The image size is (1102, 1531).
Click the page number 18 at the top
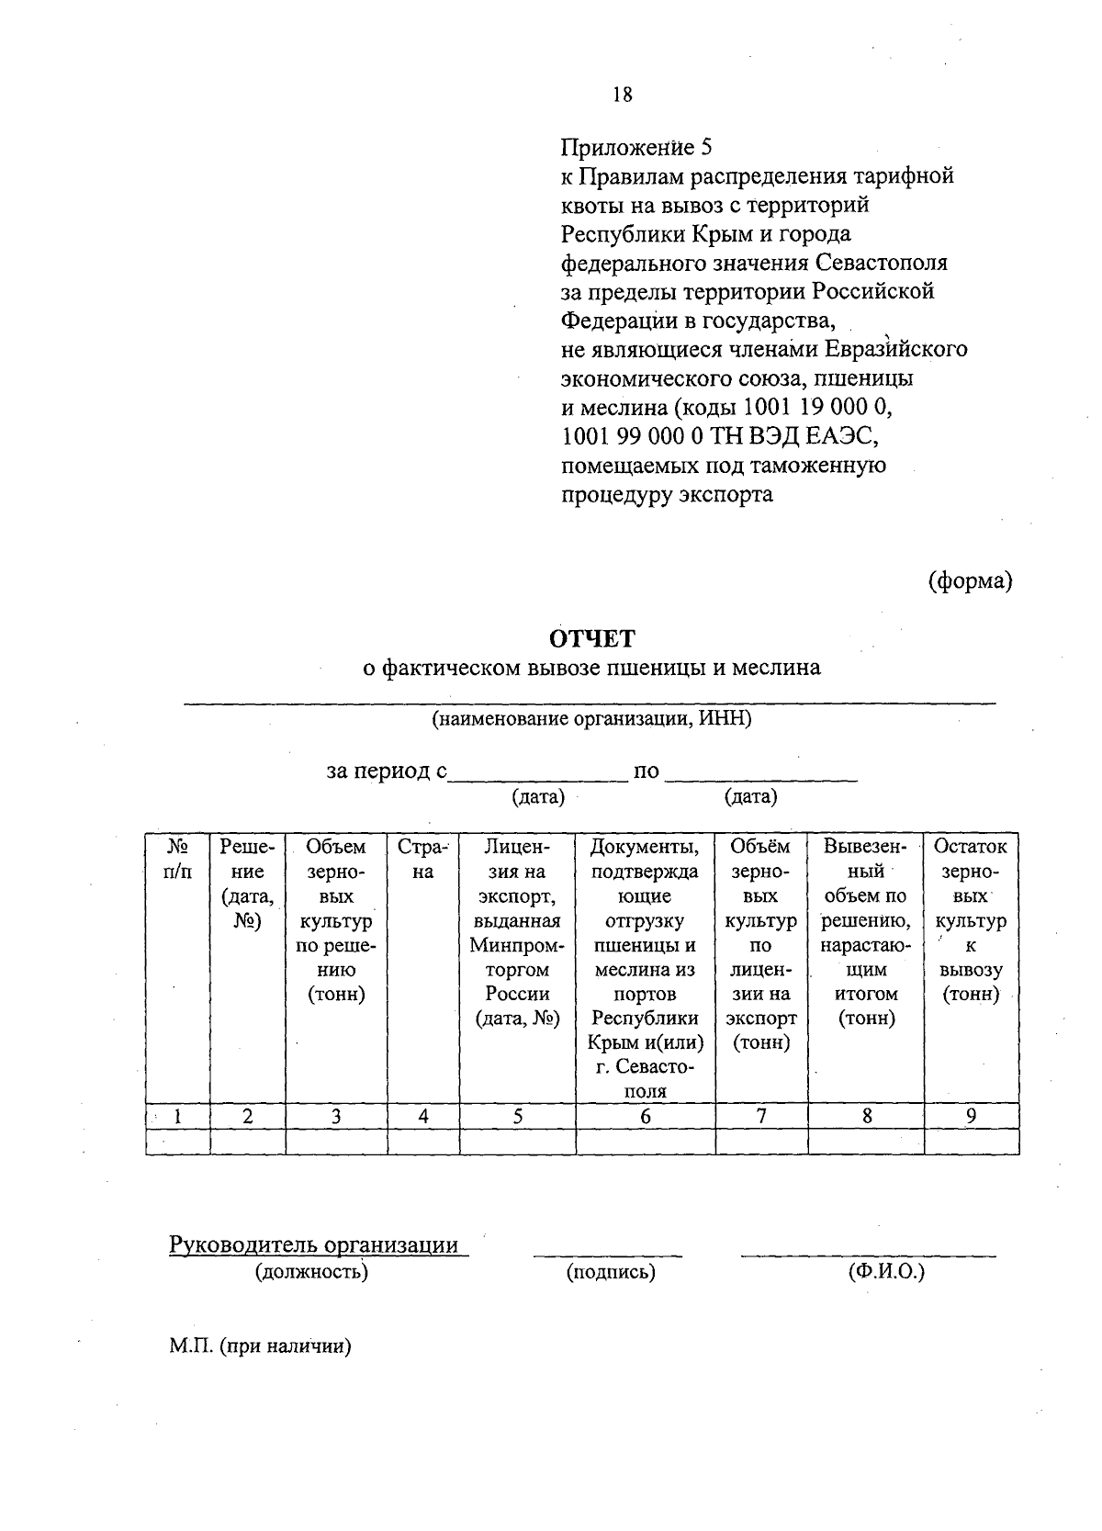pos(622,95)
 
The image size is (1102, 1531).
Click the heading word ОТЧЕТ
pos(591,638)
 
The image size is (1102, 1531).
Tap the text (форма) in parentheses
pos(970,580)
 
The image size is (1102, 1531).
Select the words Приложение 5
pos(636,147)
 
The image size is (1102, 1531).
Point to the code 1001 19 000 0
pos(815,407)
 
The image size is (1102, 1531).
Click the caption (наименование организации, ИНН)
pos(591,719)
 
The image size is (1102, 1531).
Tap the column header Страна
pos(422,859)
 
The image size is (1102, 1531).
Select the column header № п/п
pos(178,859)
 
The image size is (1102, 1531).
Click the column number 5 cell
pos(517,1116)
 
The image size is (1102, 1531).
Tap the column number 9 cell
pos(971,1116)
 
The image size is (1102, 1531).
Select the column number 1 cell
pos(177,1116)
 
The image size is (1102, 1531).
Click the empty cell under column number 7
pos(761,1142)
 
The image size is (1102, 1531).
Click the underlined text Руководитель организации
pos(314,1245)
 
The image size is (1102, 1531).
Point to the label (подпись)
pos(611,1272)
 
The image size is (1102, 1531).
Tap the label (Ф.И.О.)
pos(886,1272)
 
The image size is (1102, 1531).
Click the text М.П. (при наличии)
pos(261,1346)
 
